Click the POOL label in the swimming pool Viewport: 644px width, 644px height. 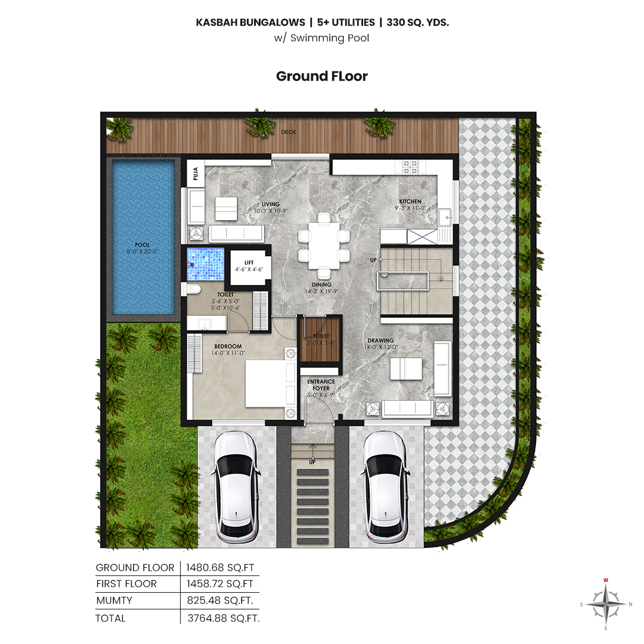[x=143, y=245]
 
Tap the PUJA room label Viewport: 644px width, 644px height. [x=196, y=174]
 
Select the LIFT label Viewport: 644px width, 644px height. [x=249, y=262]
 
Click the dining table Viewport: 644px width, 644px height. [x=324, y=245]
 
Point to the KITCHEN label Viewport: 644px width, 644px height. [x=410, y=202]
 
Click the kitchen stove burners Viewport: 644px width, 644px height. [x=410, y=167]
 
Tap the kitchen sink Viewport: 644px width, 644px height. [x=445, y=217]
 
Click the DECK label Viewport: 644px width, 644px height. [x=289, y=132]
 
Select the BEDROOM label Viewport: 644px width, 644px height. [x=228, y=346]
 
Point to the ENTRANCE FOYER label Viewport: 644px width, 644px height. [x=321, y=385]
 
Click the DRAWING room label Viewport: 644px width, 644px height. [x=380, y=340]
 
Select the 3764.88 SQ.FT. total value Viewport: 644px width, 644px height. [x=224, y=618]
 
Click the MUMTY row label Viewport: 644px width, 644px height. [x=114, y=600]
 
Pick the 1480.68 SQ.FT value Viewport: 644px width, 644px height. [x=220, y=568]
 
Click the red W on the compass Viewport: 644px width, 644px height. [x=606, y=580]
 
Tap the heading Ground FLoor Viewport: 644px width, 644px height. [x=322, y=76]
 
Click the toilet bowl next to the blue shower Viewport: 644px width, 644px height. [x=193, y=289]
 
